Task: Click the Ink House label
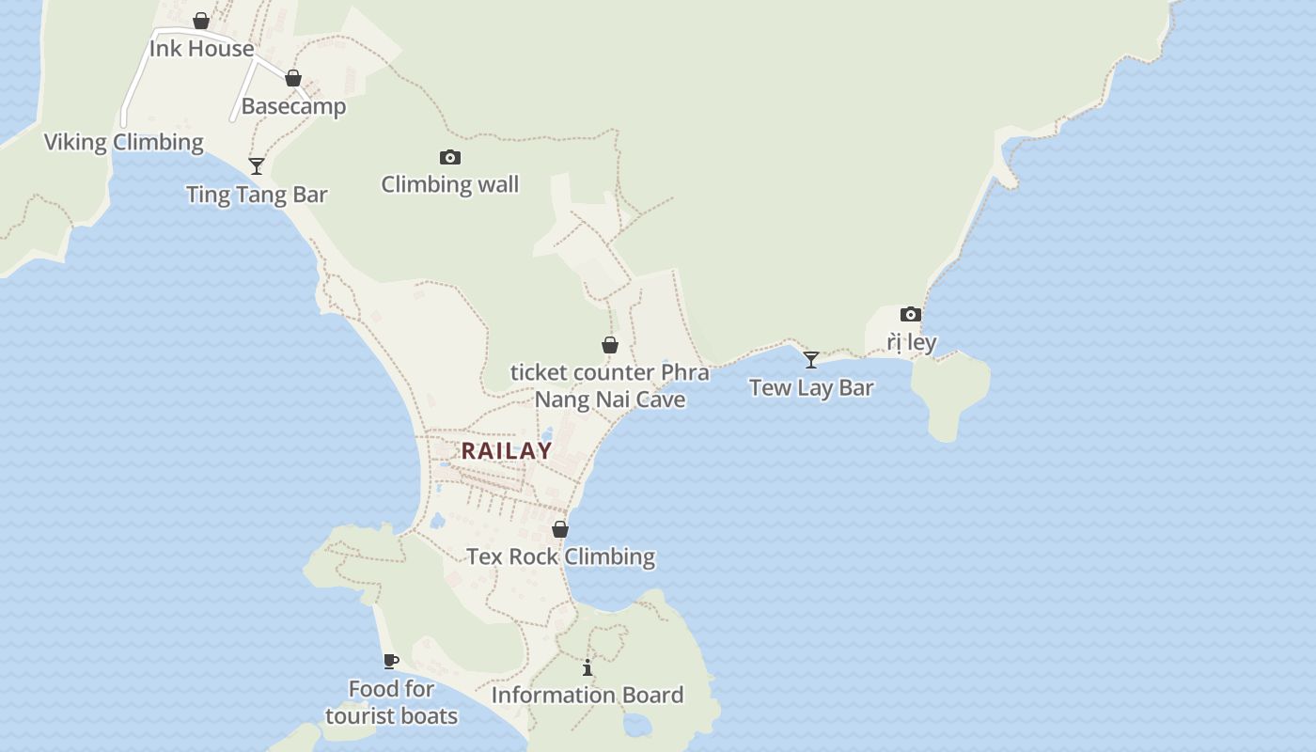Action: [201, 49]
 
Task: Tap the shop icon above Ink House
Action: [200, 21]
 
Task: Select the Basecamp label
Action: [293, 106]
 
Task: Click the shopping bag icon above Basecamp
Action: [293, 78]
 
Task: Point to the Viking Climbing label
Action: [124, 142]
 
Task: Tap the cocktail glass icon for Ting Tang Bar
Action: [256, 166]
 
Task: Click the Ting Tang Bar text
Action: [257, 195]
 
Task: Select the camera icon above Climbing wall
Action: [450, 157]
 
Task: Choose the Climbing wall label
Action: [449, 184]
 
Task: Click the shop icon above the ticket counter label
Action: [610, 345]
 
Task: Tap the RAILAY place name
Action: [507, 450]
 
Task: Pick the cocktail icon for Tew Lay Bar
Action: [811, 360]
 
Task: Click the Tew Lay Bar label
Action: [811, 387]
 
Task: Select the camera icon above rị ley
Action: [910, 314]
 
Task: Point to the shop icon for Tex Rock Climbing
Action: [560, 529]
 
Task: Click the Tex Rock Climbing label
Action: [560, 556]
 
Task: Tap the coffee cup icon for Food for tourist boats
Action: [391, 661]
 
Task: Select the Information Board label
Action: [587, 696]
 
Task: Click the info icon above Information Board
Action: [587, 667]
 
